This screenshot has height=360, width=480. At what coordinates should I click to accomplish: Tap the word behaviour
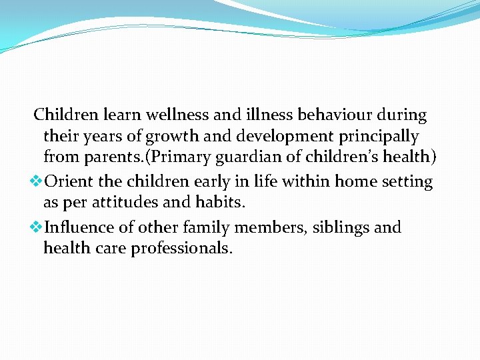(335, 115)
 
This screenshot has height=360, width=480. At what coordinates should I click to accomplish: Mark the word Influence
(78, 227)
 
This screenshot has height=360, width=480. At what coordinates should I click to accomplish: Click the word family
(195, 227)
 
